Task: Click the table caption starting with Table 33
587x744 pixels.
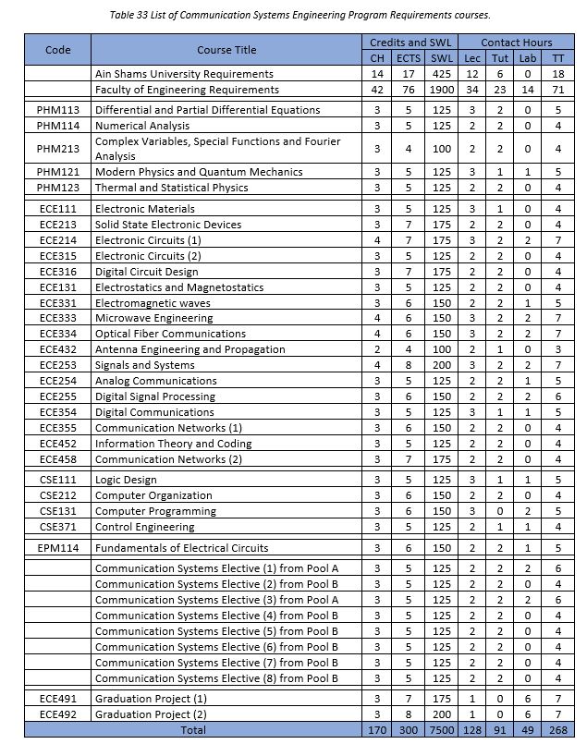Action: (x=293, y=16)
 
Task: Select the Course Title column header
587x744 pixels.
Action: (x=226, y=50)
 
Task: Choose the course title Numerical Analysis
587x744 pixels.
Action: (x=141, y=125)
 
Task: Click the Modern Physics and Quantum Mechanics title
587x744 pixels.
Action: (x=199, y=172)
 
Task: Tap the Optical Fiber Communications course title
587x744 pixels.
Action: (x=170, y=334)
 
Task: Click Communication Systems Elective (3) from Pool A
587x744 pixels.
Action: (x=216, y=600)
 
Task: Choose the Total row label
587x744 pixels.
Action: (x=226, y=729)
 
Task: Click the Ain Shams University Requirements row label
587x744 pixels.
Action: (x=184, y=74)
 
